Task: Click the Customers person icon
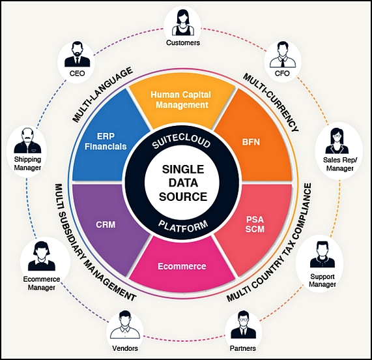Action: [x=183, y=23]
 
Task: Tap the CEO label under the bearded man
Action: [x=77, y=74]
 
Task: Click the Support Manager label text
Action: [x=322, y=280]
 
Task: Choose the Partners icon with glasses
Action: [x=243, y=325]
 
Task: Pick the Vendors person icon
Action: [x=125, y=325]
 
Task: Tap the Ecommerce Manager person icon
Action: [x=42, y=256]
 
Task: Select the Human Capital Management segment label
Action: [x=180, y=100]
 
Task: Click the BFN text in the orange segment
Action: [x=251, y=142]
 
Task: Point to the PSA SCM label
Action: [x=255, y=224]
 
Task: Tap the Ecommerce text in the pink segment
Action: [x=182, y=267]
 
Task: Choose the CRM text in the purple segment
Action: [x=106, y=224]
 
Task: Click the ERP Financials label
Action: [x=106, y=142]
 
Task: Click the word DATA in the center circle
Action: [x=183, y=183]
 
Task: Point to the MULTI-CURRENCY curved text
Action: [x=271, y=102]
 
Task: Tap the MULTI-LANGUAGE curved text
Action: [x=102, y=95]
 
